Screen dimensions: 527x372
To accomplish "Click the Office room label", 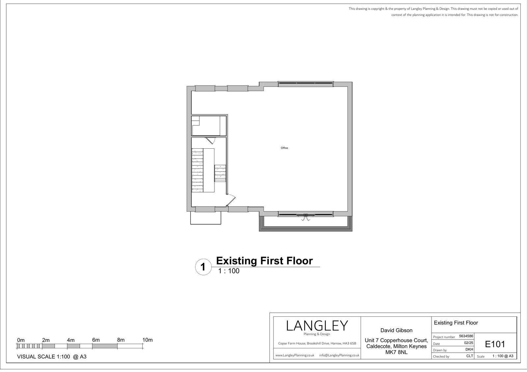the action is tap(284, 148).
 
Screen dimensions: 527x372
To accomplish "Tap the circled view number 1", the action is tap(203, 267).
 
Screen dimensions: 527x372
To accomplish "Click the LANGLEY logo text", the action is tap(317, 326).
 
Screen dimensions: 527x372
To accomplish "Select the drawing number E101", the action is tap(495, 344).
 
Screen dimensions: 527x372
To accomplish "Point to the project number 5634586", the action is tap(466, 336).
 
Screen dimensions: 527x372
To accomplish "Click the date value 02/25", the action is tap(469, 343).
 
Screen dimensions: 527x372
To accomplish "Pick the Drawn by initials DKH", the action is tap(469, 349).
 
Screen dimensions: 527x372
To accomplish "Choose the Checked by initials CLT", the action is tap(470, 356).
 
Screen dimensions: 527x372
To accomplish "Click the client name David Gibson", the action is tap(397, 331).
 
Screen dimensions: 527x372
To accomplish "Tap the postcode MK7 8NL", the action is tap(397, 352).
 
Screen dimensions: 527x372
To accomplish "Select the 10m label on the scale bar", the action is tap(148, 340).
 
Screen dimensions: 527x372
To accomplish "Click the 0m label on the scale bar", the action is tap(21, 340).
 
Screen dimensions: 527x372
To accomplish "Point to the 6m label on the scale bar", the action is tap(96, 340).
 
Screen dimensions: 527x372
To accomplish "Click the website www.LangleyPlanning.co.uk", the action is tap(295, 355).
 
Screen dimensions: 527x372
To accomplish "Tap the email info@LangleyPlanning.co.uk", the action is tap(339, 355).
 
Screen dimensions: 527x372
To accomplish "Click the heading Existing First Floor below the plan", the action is tap(264, 261).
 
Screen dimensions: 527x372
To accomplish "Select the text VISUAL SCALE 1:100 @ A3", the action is tap(52, 357).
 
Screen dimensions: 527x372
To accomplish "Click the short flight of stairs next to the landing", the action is tap(220, 173).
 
